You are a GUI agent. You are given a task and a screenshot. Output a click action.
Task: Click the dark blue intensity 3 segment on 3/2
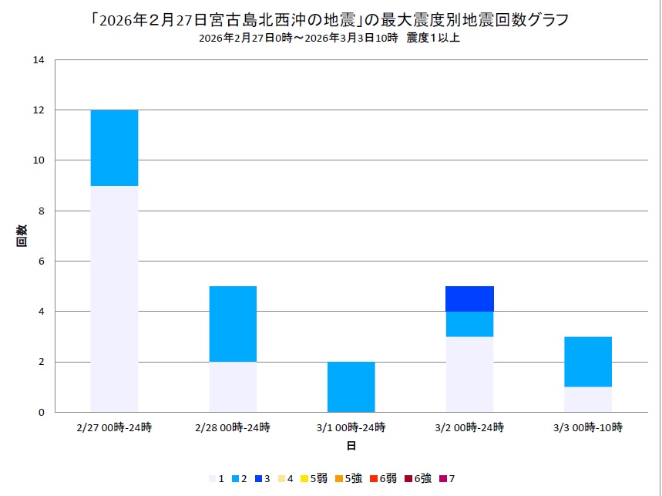470,299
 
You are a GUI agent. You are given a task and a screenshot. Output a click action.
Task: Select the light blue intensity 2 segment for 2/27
114,148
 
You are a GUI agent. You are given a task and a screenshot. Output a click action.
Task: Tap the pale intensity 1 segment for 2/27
114,299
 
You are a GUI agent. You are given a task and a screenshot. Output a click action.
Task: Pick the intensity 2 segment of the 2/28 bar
233,324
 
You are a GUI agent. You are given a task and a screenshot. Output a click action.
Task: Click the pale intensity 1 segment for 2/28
233,386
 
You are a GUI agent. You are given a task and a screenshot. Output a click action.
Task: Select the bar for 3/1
351,386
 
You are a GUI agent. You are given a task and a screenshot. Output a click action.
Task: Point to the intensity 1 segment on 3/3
588,399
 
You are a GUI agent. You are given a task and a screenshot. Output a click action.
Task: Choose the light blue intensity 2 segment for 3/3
588,362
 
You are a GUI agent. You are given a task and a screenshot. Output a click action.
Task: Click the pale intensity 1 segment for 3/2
470,374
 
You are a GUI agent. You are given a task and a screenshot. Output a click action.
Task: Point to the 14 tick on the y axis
40,60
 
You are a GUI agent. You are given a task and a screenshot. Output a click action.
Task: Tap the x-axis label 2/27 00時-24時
114,427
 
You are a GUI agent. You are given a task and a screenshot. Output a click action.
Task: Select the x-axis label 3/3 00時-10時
588,427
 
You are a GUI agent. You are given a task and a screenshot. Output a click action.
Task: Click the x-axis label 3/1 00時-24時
351,427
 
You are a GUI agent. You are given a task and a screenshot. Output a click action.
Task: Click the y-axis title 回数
22,235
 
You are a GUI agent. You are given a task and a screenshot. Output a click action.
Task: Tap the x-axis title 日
351,446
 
